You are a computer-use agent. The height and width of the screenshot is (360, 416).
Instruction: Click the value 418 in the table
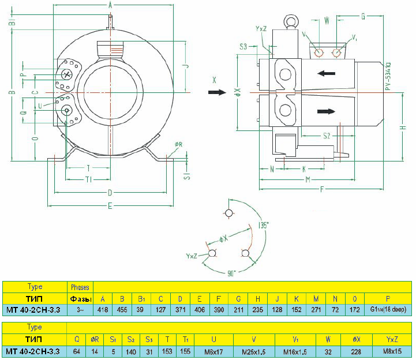point(103,310)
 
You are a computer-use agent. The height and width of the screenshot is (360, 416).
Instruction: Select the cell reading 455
point(122,310)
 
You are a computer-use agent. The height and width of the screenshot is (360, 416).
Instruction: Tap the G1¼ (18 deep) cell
point(387,310)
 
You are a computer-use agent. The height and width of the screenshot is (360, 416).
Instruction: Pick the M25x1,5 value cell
point(254,351)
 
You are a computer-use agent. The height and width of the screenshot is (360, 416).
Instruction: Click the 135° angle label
point(264,226)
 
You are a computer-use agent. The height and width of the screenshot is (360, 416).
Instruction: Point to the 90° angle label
point(231,273)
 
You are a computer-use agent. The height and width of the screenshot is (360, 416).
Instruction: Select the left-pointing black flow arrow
point(327,73)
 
